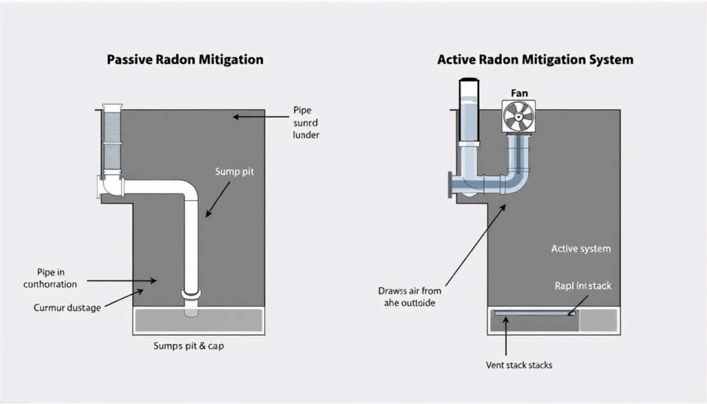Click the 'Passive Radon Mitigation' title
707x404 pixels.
click(185, 59)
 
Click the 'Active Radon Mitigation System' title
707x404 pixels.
click(535, 59)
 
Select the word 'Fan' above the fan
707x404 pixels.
click(519, 93)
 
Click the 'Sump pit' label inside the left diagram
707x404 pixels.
click(235, 171)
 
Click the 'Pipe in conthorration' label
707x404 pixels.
click(50, 278)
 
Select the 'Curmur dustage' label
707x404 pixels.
click(68, 307)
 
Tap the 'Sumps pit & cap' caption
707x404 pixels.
click(188, 346)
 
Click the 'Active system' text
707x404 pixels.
click(581, 248)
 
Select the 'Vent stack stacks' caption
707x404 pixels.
click(519, 365)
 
